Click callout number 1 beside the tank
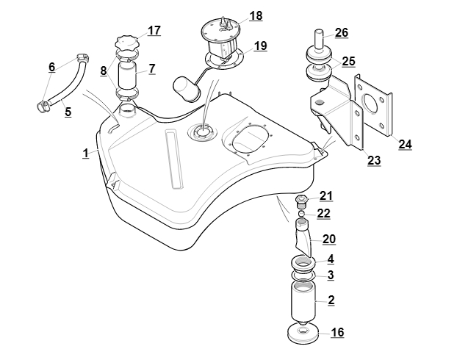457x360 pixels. pos(85,153)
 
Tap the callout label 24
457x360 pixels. pos(405,144)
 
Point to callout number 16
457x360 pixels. pos(337,333)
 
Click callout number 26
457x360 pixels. pos(341,32)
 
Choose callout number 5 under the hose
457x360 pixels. pos(68,113)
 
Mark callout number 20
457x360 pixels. pos(329,239)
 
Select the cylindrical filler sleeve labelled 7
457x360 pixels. pos(128,76)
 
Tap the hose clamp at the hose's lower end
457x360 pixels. pos(43,107)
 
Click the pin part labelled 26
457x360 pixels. pos(320,38)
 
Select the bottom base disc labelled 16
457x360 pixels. pos(303,335)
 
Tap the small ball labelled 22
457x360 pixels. pos(301,214)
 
